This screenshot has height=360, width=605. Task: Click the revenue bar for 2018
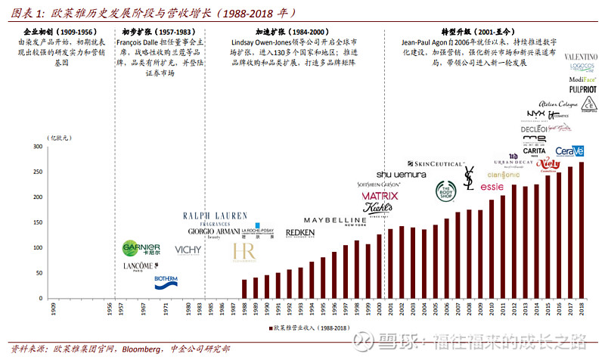(x=581, y=230)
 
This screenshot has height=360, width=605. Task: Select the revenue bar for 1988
(x=244, y=288)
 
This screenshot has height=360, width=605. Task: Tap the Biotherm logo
(x=166, y=281)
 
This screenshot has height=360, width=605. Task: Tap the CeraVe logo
(x=569, y=151)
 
